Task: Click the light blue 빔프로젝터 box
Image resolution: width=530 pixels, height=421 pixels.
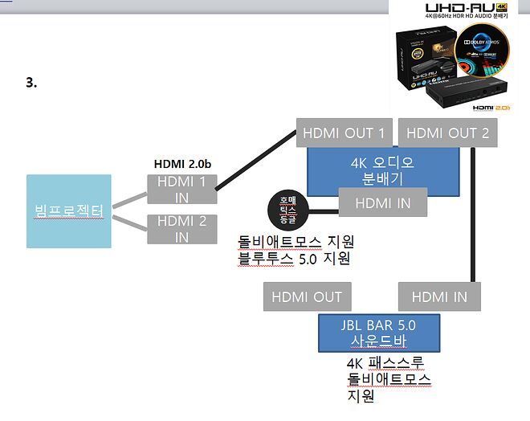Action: pyautogui.click(x=69, y=210)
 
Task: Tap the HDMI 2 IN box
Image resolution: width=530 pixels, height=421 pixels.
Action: pyautogui.click(x=181, y=229)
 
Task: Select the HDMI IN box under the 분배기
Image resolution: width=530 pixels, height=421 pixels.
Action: pyautogui.click(x=382, y=203)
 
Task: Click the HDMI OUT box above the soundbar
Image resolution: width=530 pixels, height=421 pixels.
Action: pyautogui.click(x=307, y=297)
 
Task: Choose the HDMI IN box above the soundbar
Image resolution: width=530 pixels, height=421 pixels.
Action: pyautogui.click(x=439, y=297)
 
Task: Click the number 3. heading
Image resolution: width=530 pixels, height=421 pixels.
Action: pyautogui.click(x=31, y=82)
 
